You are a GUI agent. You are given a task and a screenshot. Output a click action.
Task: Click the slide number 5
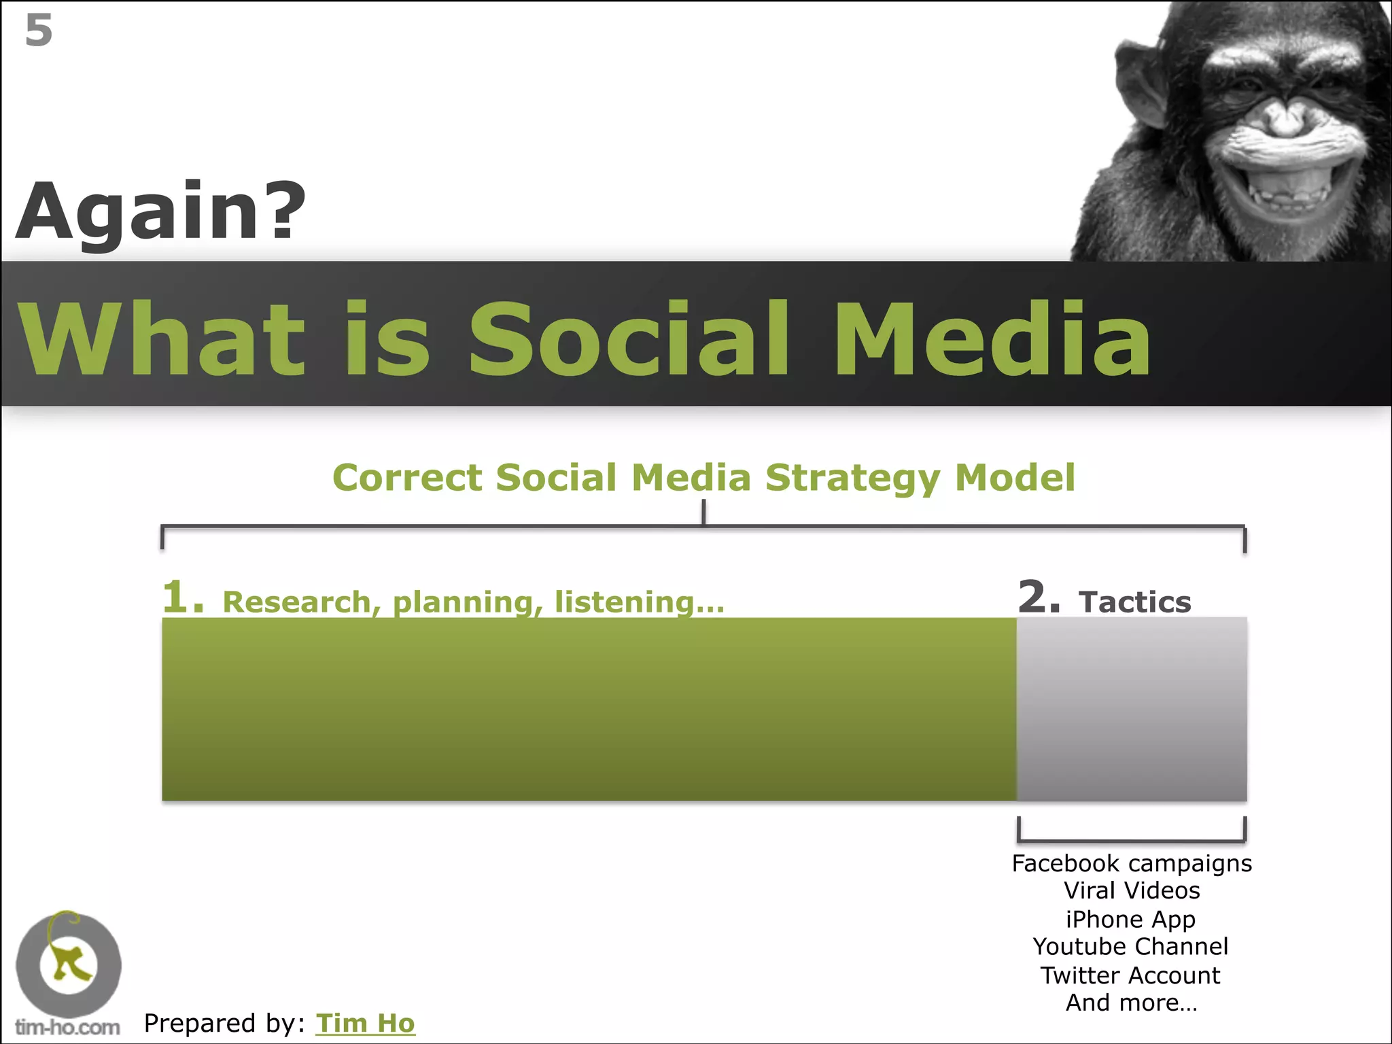[39, 31]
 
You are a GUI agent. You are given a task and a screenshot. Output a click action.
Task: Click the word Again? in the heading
[160, 212]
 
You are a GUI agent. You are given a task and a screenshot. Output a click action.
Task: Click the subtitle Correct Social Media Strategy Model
[703, 477]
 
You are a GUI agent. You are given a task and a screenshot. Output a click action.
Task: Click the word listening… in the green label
[639, 602]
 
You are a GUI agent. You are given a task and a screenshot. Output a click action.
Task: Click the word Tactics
[1134, 602]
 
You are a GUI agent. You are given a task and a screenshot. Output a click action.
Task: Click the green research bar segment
[589, 709]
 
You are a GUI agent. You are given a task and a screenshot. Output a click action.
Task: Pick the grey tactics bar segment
[1132, 709]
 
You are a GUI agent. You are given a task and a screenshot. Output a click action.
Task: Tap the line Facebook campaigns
[1132, 863]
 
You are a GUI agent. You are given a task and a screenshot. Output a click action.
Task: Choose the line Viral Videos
[1132, 890]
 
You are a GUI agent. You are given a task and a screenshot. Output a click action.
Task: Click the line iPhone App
[1130, 919]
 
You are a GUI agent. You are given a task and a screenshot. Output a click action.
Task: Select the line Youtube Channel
[1130, 946]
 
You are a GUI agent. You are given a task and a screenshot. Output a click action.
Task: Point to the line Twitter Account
[1130, 975]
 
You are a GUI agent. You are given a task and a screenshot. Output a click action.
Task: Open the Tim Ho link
[365, 1023]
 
